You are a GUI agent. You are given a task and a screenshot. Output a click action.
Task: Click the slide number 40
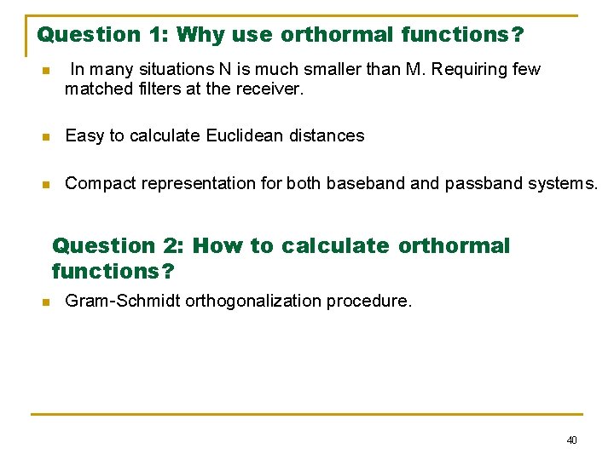(x=571, y=440)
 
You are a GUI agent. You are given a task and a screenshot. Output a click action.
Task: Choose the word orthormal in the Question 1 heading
(x=337, y=35)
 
